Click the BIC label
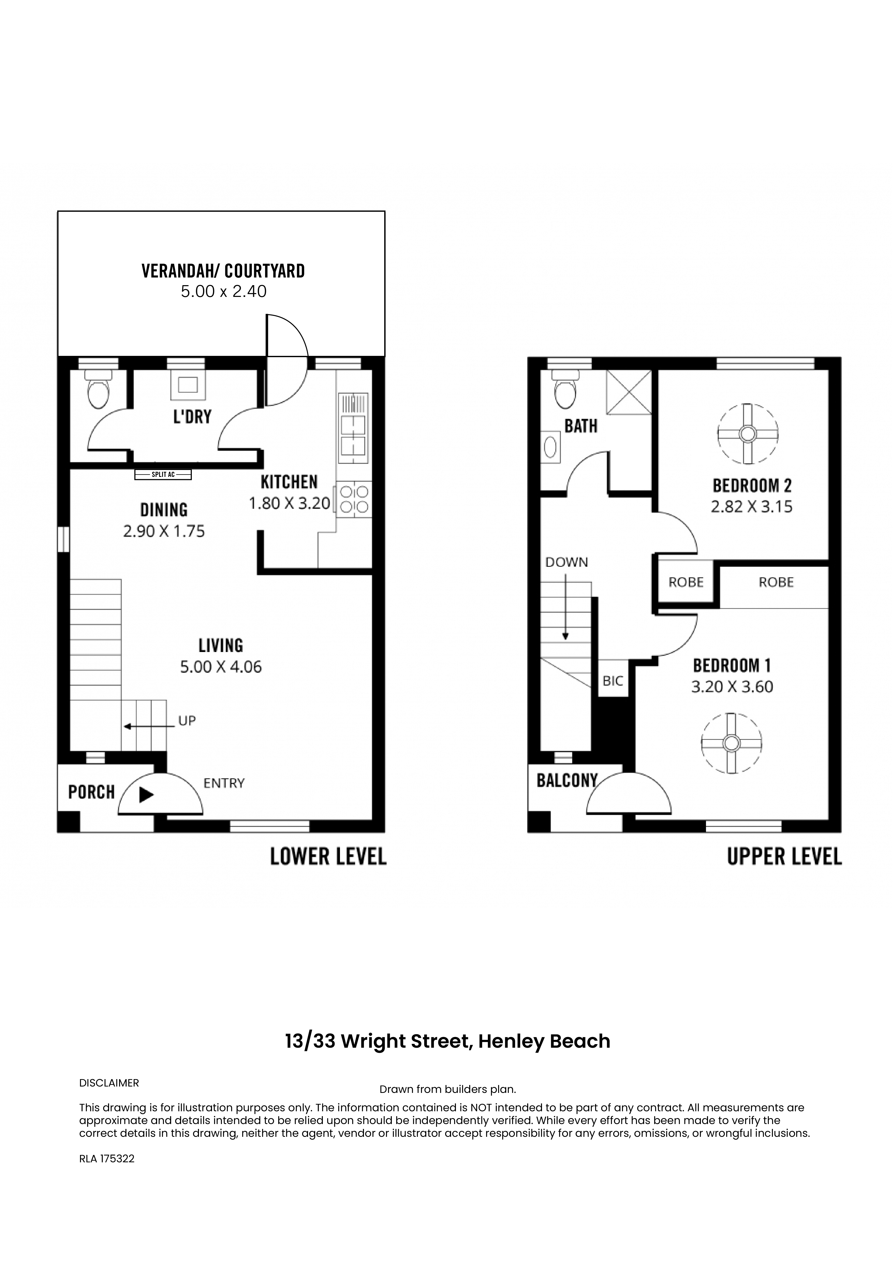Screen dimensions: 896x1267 [613, 681]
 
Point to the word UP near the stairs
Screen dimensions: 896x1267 [187, 721]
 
